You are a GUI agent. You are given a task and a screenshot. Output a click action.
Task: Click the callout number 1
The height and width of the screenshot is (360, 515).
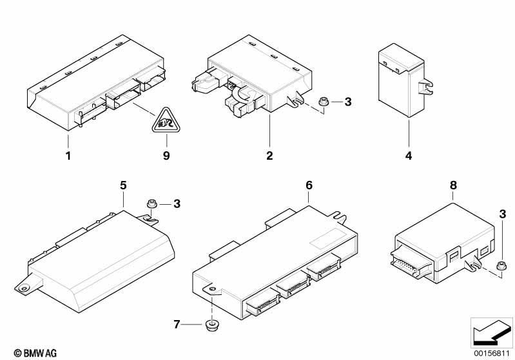pos(69,155)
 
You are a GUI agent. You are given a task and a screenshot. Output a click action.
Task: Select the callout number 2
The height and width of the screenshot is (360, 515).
pos(269,155)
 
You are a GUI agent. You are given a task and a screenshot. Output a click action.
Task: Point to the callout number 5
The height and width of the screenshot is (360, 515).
pos(123,185)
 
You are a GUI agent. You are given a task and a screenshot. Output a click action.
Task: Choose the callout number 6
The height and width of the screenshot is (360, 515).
pos(309,185)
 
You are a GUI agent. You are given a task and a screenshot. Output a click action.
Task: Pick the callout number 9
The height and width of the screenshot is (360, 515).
pos(166,155)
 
